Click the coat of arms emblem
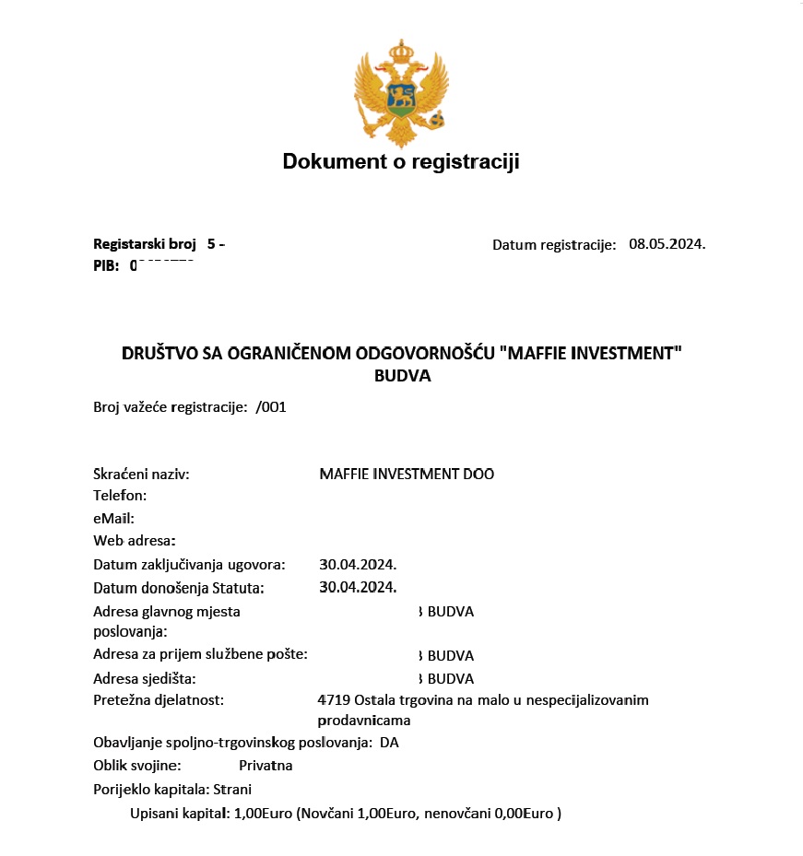[x=401, y=92]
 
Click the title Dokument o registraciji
[x=401, y=162]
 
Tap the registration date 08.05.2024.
[x=667, y=244]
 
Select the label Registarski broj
[x=145, y=244]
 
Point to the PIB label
[x=106, y=265]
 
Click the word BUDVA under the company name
[x=402, y=376]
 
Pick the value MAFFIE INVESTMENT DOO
[x=407, y=475]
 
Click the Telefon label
[x=120, y=496]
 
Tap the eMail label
[x=113, y=518]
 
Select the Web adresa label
[x=134, y=540]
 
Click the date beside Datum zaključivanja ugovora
[x=358, y=564]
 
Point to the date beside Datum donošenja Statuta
[x=358, y=587]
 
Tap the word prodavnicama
[x=364, y=720]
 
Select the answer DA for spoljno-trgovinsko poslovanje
[x=389, y=743]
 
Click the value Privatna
[x=266, y=766]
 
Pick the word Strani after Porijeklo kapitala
[x=232, y=789]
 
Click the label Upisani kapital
[x=179, y=814]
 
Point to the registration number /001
[x=271, y=406]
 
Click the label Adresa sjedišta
[x=145, y=679]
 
